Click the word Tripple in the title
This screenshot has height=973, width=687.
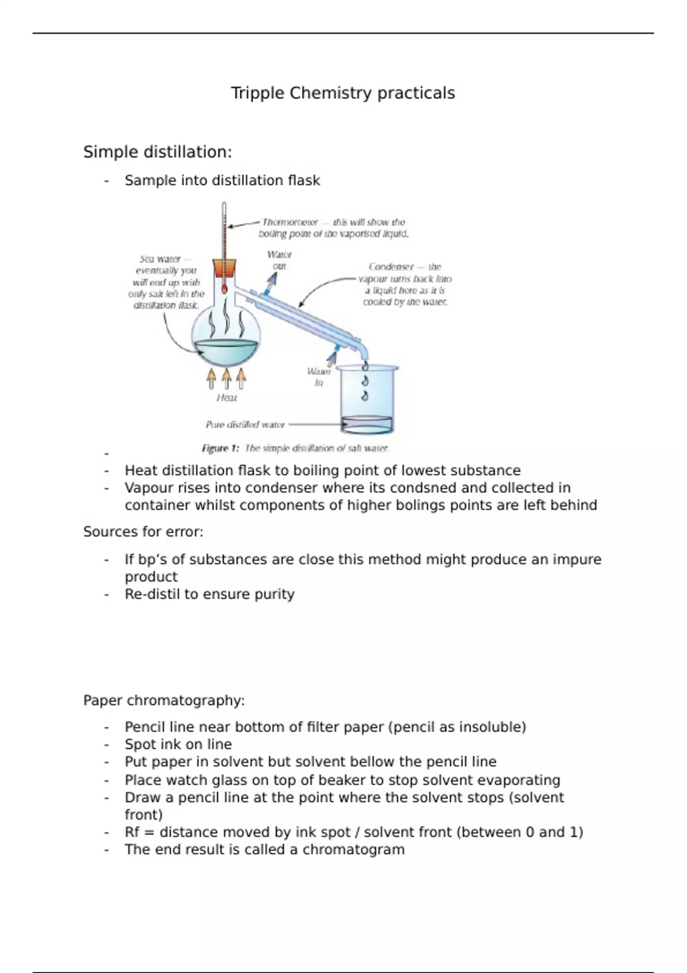pyautogui.click(x=258, y=93)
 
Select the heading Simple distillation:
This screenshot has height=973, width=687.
pyautogui.click(x=157, y=152)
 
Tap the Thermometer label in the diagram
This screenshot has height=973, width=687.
pyautogui.click(x=290, y=222)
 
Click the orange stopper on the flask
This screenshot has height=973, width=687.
pyautogui.click(x=224, y=268)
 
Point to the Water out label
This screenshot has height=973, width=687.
pyautogui.click(x=279, y=260)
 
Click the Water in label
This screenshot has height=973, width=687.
pyautogui.click(x=319, y=377)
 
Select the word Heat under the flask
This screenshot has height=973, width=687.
pyautogui.click(x=227, y=398)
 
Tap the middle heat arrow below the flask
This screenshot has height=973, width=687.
pyautogui.click(x=227, y=378)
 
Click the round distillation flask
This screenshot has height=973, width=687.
pyautogui.click(x=226, y=338)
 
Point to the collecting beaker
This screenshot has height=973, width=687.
pyautogui.click(x=367, y=401)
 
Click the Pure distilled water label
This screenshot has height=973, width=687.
pyautogui.click(x=245, y=425)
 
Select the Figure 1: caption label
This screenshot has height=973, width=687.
pyautogui.click(x=220, y=448)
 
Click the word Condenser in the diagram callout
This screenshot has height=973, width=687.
pyautogui.click(x=391, y=267)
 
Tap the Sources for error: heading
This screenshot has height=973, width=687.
pyautogui.click(x=143, y=532)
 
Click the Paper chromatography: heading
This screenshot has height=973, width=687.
pyautogui.click(x=164, y=701)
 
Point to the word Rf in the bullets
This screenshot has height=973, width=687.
pyautogui.click(x=132, y=832)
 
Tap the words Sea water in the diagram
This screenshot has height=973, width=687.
pyautogui.click(x=160, y=259)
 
